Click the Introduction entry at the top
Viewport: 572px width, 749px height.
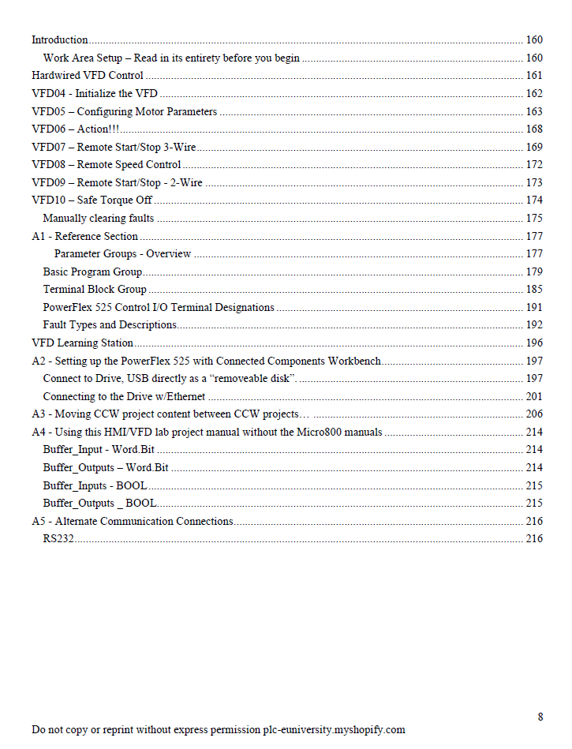[60, 40]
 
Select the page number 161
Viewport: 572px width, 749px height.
[534, 76]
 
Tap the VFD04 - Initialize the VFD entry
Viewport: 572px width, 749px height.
[95, 94]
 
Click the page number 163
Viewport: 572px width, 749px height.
[534, 112]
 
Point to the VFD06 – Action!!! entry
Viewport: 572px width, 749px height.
[76, 129]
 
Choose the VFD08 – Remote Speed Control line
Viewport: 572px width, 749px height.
[107, 165]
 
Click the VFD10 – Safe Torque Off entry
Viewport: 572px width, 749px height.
[92, 200]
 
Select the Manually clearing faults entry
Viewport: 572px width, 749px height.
[99, 219]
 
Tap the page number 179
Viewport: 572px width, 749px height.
[534, 272]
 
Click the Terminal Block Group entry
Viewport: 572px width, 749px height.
[95, 290]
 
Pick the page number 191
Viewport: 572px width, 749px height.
[534, 308]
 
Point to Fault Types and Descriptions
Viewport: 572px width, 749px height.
[110, 325]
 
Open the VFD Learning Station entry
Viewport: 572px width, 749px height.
[82, 343]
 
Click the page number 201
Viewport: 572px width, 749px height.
[534, 397]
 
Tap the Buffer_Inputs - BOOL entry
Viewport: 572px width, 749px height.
[95, 486]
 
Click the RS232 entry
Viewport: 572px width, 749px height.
[58, 539]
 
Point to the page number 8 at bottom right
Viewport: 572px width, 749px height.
[540, 717]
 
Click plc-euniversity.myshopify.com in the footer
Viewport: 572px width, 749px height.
[334, 730]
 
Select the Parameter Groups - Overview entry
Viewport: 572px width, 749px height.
[122, 254]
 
